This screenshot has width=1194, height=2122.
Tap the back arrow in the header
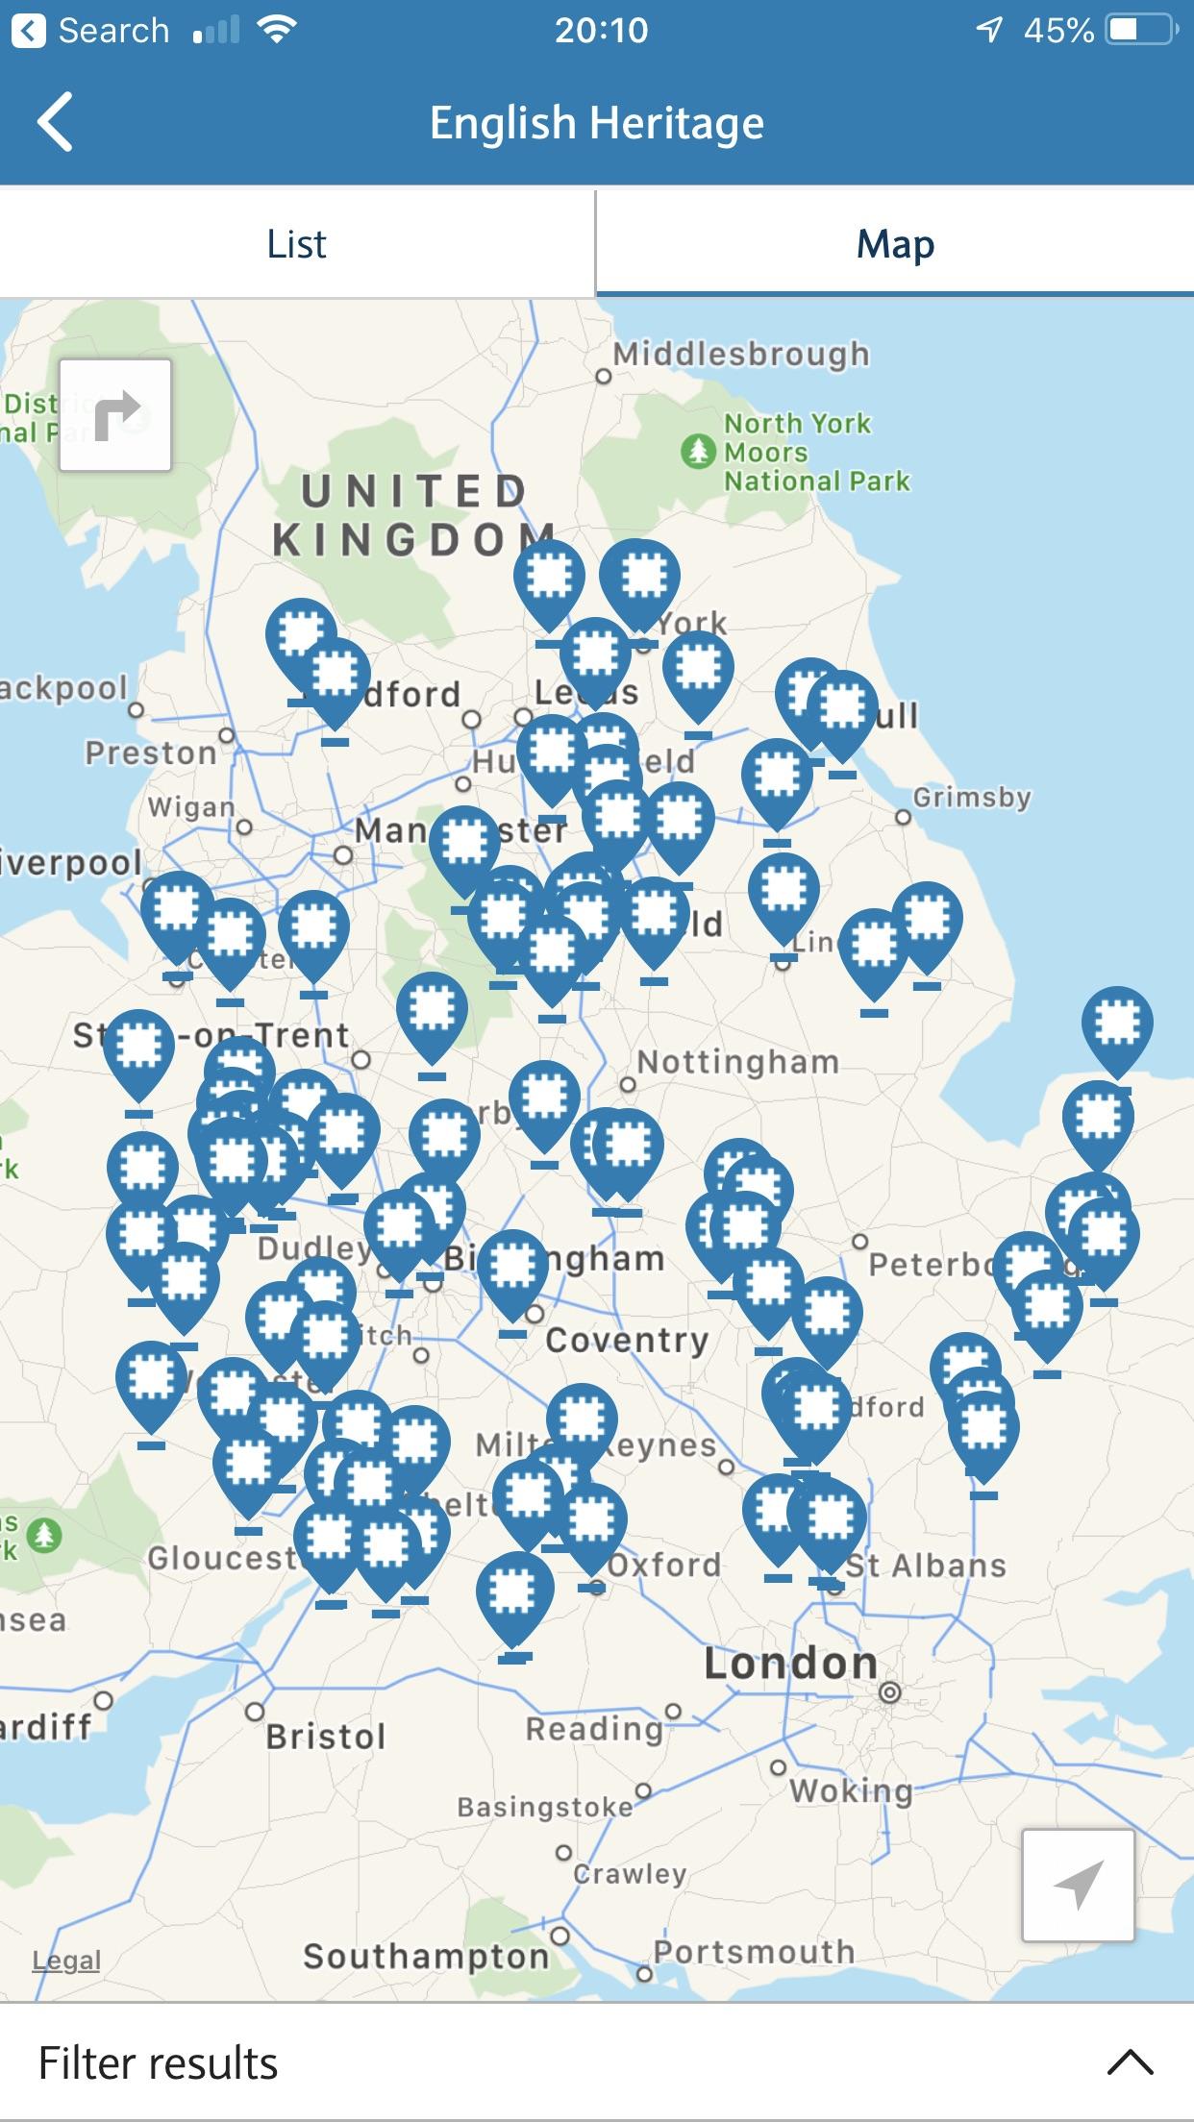pos(55,122)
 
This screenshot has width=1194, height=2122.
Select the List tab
pos(297,244)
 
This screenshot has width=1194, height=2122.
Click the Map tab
pos(895,244)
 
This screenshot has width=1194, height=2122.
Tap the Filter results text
pos(159,2062)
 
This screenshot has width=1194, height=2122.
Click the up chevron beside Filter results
pos(1130,2062)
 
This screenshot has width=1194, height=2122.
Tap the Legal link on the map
pos(66,1960)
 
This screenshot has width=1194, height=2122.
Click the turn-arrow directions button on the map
pos(115,415)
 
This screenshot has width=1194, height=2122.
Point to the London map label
pos(790,1664)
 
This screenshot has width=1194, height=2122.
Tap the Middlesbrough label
pos(741,355)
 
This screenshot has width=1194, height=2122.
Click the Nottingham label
pos(738,1062)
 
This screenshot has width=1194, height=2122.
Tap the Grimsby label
pos(971,798)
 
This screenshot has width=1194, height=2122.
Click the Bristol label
pos(326,1737)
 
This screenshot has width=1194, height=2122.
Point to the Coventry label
pos(627,1340)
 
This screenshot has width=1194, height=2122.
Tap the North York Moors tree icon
pos(698,451)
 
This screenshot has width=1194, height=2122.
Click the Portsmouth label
pos(754,1951)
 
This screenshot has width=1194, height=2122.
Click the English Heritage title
pos(597,123)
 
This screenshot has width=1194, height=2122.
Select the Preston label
pos(151,753)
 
